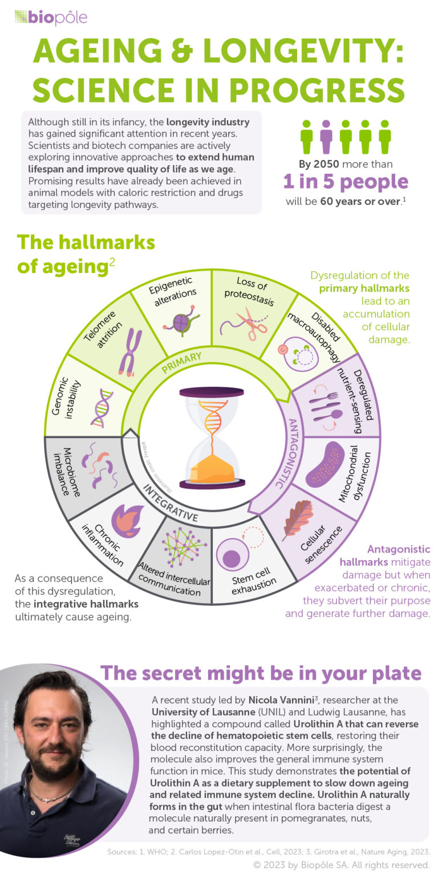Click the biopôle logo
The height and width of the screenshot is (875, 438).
coord(51,18)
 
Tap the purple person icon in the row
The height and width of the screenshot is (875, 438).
coord(326,136)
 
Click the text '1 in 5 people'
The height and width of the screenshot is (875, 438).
coord(346,182)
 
